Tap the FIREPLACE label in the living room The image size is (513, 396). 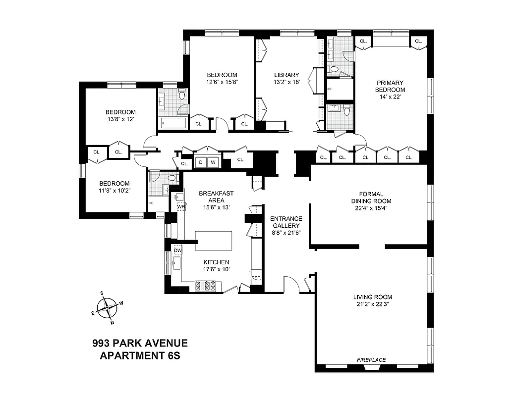[x=372, y=360]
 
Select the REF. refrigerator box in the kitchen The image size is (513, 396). [x=256, y=278]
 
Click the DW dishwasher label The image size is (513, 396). [x=177, y=250]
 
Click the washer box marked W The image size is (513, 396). [x=213, y=162]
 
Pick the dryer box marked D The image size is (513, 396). [x=201, y=162]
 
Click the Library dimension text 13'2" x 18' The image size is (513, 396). [x=287, y=83]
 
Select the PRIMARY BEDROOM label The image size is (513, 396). [x=390, y=86]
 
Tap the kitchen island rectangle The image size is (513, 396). [x=214, y=240]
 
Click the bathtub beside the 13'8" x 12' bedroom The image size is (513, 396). [x=172, y=123]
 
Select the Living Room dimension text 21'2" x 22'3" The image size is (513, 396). [x=372, y=304]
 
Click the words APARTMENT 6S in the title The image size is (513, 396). [x=140, y=355]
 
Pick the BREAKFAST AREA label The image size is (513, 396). [x=216, y=197]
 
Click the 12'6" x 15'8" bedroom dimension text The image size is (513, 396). [x=222, y=83]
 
